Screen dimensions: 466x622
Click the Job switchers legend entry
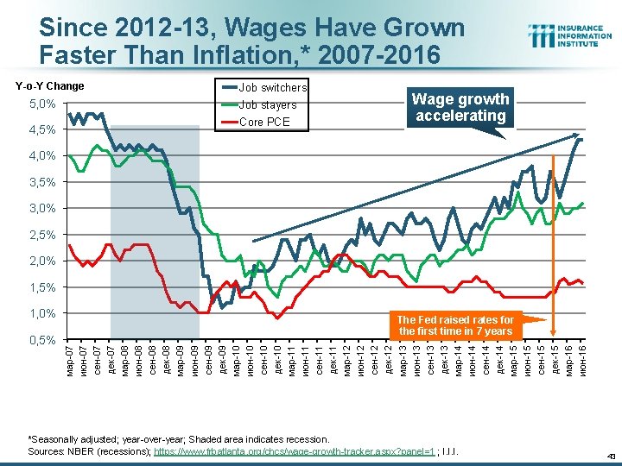pyautogui.click(x=272, y=88)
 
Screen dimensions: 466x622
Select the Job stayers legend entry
pyautogui.click(x=267, y=105)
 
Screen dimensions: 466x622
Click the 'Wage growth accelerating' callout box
pyautogui.click(x=460, y=108)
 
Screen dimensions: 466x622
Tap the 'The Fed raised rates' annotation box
pyautogui.click(x=455, y=325)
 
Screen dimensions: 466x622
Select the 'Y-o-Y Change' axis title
pyautogui.click(x=48, y=86)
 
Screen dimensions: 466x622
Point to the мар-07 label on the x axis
pyautogui.click(x=70, y=357)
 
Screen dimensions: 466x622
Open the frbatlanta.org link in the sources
pyautogui.click(x=294, y=451)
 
